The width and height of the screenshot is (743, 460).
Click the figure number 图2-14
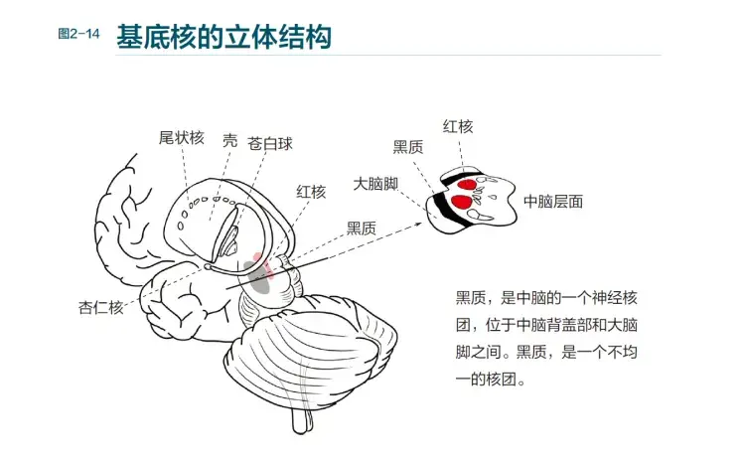(x=79, y=34)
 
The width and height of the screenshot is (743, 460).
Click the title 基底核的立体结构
(x=223, y=37)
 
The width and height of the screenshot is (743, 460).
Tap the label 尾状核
(x=182, y=138)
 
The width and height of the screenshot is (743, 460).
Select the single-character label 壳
(x=229, y=140)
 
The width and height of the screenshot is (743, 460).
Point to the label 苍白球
(x=270, y=143)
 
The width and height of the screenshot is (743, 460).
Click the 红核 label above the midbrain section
(x=458, y=126)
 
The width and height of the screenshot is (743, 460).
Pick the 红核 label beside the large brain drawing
(x=311, y=192)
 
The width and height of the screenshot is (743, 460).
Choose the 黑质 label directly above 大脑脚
(x=408, y=147)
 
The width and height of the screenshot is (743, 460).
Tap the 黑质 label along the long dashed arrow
(x=362, y=228)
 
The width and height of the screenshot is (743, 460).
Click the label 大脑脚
(x=376, y=185)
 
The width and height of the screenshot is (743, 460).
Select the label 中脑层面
(x=553, y=201)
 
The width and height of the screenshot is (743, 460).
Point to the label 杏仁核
(x=101, y=306)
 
